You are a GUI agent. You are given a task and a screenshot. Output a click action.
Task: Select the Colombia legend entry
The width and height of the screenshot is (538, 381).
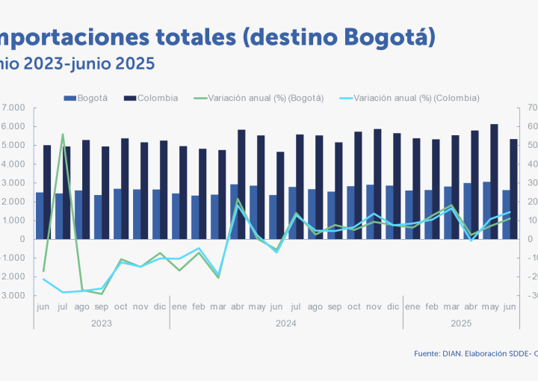pyautogui.click(x=157, y=98)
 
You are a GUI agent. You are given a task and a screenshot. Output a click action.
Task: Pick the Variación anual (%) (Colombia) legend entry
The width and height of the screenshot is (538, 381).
pyautogui.click(x=416, y=98)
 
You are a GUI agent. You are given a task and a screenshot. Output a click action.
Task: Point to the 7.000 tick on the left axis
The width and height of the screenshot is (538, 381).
pyautogui.click(x=15, y=108)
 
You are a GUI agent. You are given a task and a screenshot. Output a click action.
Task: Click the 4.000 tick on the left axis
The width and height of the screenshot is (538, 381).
pyautogui.click(x=15, y=164)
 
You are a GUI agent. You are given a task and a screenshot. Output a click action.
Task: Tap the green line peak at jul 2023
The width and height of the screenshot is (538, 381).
pyautogui.click(x=62, y=134)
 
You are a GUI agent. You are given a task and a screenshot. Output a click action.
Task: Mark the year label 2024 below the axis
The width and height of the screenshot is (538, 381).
pyautogui.click(x=285, y=323)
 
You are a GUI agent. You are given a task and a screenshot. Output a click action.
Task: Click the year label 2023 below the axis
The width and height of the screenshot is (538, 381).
pyautogui.click(x=102, y=323)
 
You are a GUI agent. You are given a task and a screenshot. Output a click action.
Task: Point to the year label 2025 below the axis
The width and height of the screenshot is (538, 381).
pyautogui.click(x=461, y=323)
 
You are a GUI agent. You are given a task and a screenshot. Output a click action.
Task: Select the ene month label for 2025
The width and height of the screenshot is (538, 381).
pyautogui.click(x=412, y=306)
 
